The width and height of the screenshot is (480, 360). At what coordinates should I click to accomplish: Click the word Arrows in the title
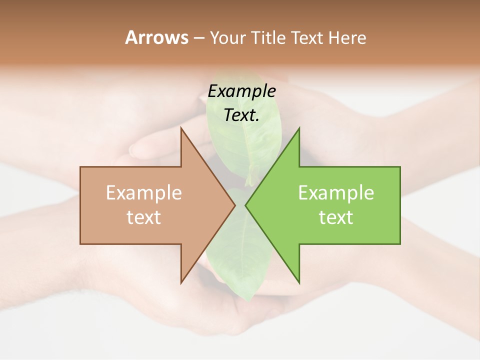pyautogui.click(x=156, y=37)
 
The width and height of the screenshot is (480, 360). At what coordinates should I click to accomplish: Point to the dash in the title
pyautogui.click(x=198, y=38)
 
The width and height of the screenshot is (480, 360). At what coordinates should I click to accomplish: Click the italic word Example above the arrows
pyautogui.click(x=241, y=91)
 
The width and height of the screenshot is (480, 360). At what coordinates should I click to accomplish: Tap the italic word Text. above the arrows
pyautogui.click(x=241, y=115)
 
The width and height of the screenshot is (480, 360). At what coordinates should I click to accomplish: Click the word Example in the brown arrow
pyautogui.click(x=144, y=193)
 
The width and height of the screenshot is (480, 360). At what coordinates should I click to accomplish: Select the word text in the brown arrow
pyautogui.click(x=144, y=217)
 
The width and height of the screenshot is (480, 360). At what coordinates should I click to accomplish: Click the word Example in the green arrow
pyautogui.click(x=336, y=193)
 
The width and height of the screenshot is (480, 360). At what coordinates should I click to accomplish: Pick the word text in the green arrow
pyautogui.click(x=336, y=217)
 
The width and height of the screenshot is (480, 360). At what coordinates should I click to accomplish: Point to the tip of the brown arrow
pyautogui.click(x=235, y=205)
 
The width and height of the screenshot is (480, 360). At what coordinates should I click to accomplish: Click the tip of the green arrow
pyautogui.click(x=245, y=205)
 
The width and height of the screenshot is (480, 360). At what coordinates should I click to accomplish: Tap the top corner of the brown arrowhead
pyautogui.click(x=181, y=128)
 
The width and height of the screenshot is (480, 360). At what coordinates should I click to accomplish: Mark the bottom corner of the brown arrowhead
pyautogui.click(x=181, y=283)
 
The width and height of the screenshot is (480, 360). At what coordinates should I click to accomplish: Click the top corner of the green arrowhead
pyautogui.click(x=299, y=128)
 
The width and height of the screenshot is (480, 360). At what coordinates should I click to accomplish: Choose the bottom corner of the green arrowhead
pyautogui.click(x=299, y=283)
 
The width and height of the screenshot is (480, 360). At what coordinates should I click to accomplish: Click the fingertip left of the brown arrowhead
pyautogui.click(x=134, y=149)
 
